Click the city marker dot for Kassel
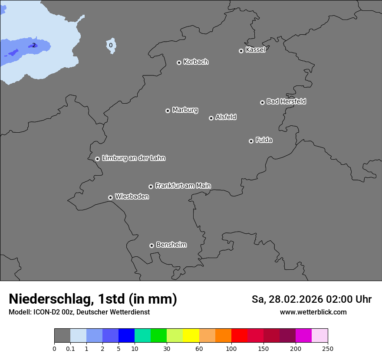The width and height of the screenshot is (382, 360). click(x=241, y=51)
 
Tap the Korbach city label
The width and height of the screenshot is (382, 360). click(x=196, y=62)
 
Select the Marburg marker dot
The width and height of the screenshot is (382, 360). click(x=168, y=111)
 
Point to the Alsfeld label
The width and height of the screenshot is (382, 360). click(x=226, y=117)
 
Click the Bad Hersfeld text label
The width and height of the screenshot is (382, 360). click(x=286, y=101)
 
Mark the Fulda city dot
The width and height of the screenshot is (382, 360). click(x=251, y=141)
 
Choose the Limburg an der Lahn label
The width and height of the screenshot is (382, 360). click(x=133, y=158)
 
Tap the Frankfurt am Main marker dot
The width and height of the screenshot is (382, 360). click(x=151, y=187)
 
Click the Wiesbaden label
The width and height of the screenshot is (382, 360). click(x=132, y=196)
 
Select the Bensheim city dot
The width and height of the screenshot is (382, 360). click(x=151, y=245)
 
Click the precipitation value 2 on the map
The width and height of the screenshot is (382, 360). click(x=34, y=45)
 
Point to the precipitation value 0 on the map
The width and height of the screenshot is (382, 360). click(x=111, y=45)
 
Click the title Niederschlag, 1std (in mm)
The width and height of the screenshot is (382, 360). click(x=93, y=299)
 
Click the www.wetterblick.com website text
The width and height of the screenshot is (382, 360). click(x=313, y=312)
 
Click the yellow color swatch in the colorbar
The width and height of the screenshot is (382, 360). click(x=191, y=336)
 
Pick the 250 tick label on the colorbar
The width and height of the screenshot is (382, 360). click(x=328, y=348)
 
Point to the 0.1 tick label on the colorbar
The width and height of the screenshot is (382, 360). click(x=70, y=348)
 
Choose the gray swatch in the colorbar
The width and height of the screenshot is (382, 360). click(x=62, y=336)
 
